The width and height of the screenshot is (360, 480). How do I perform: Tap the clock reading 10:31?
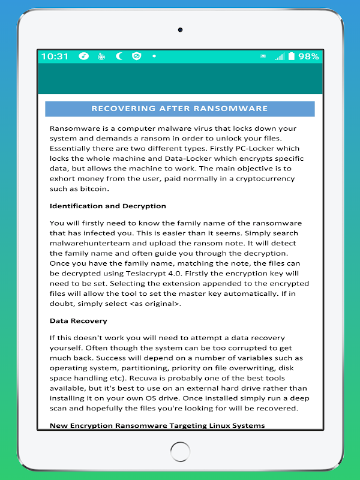[55, 56]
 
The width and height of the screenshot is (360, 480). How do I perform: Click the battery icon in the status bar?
[292, 56]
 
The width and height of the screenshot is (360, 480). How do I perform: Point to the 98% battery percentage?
[308, 56]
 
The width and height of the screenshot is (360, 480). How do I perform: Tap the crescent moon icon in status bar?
[119, 56]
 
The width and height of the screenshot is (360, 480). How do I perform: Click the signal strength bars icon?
[279, 56]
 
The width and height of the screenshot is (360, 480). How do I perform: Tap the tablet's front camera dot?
[180, 29]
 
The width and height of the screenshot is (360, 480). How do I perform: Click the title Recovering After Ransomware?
[180, 109]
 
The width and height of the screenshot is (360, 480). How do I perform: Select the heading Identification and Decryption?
[108, 206]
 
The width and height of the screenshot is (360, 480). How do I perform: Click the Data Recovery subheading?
[79, 321]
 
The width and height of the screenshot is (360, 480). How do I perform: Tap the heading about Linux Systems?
[157, 425]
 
